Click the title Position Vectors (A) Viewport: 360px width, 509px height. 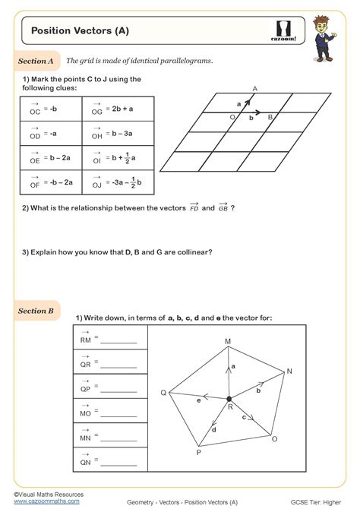(79, 31)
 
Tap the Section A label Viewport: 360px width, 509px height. (36, 60)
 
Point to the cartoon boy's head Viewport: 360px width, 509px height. (326, 22)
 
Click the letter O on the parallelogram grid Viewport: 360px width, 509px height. (232, 118)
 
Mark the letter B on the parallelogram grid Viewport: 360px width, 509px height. (270, 118)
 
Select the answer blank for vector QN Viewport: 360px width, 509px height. (118, 463)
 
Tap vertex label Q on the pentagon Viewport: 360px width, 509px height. (163, 392)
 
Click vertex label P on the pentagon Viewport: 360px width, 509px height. (198, 452)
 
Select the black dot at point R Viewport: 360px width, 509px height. (229, 398)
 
